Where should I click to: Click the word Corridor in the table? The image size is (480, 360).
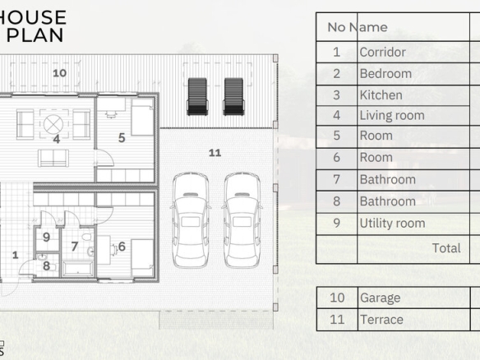(x=382, y=52)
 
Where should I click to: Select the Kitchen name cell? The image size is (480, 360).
(x=413, y=95)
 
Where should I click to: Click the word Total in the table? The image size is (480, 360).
(x=446, y=248)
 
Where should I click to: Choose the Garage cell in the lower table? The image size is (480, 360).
(x=414, y=298)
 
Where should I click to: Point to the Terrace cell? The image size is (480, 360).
(x=414, y=320)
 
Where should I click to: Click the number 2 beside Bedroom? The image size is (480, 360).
(x=336, y=74)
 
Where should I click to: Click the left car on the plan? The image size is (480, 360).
(x=191, y=219)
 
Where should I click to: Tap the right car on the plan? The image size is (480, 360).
(x=242, y=219)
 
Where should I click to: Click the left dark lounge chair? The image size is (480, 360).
(x=197, y=96)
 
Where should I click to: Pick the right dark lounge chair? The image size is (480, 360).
(x=233, y=96)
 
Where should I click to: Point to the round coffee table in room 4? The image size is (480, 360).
(x=53, y=124)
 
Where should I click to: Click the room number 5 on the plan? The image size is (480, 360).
(x=122, y=138)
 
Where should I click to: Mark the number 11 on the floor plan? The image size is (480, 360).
(x=215, y=153)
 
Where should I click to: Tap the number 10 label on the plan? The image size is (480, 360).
(x=59, y=73)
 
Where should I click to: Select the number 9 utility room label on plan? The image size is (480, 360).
(x=47, y=237)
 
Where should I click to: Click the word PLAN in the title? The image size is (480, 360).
(x=35, y=35)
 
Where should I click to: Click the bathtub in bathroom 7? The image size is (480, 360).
(x=78, y=269)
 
